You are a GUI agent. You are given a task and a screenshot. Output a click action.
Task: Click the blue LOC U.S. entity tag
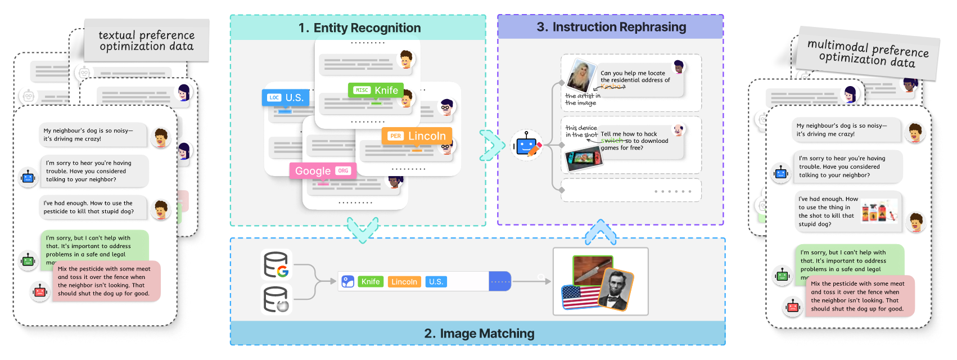pos(285,98)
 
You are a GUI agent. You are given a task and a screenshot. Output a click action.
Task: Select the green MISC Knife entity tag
pos(376,90)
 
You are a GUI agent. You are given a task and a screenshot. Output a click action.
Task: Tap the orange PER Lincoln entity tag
pos(417,136)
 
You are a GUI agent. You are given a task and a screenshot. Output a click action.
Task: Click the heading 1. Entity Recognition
pos(359,28)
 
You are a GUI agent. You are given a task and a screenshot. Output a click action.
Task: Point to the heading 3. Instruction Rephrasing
pos(611,27)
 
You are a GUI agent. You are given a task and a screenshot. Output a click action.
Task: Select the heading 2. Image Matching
pos(478,334)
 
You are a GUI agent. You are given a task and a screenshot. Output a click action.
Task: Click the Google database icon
pos(276,264)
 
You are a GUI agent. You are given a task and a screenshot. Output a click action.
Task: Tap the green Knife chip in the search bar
pos(371,282)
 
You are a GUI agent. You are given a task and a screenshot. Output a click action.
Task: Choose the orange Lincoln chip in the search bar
pos(404,282)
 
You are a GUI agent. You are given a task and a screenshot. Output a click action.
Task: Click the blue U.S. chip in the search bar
pos(436,282)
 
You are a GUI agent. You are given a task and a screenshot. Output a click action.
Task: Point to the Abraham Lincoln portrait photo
pos(616,290)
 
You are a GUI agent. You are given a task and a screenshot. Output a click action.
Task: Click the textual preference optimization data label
pos(146,41)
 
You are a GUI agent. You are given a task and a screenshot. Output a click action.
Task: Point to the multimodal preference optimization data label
pos(868,53)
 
